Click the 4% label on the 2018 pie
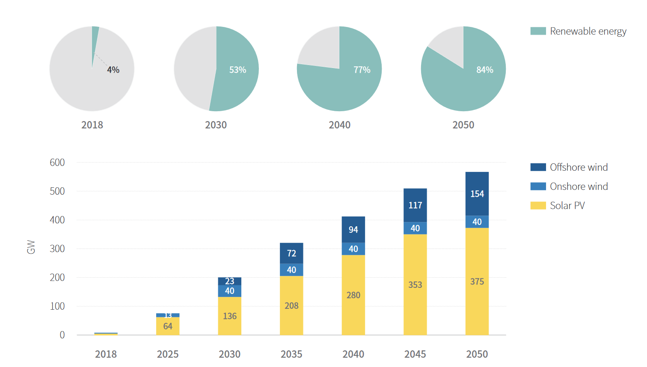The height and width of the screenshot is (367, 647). (113, 70)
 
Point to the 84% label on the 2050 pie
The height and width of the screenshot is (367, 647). (485, 70)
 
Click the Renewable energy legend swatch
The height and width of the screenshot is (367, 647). (538, 31)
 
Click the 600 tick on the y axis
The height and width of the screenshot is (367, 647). (57, 163)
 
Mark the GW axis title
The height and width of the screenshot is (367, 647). (31, 247)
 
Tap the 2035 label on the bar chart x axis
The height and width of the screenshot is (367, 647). (291, 354)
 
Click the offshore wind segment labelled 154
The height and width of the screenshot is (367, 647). (477, 194)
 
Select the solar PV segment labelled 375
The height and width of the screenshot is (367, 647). (477, 281)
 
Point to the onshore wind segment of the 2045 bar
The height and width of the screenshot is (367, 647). (415, 228)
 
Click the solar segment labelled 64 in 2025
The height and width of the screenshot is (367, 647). (168, 326)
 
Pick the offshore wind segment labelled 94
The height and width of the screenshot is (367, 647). (353, 230)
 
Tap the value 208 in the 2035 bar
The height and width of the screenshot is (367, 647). (291, 306)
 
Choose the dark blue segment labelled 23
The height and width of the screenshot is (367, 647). (230, 281)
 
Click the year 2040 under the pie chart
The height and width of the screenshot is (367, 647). (339, 125)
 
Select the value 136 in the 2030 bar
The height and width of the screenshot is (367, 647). (230, 316)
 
